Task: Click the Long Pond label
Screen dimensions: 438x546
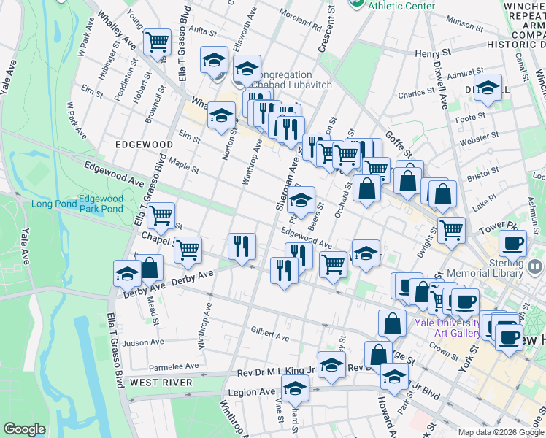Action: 51,203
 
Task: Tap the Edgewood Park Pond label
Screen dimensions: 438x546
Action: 101,204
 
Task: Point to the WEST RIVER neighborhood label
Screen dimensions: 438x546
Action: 161,383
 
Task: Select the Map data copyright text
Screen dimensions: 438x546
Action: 500,432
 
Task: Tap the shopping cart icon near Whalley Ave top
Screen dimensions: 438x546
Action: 157,42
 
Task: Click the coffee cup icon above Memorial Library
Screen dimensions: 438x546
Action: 512,243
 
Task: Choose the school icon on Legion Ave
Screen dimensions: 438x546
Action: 295,389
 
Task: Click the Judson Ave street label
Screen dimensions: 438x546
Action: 143,342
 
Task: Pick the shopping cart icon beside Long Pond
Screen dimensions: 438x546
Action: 160,216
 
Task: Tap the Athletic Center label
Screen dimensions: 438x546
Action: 401,6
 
